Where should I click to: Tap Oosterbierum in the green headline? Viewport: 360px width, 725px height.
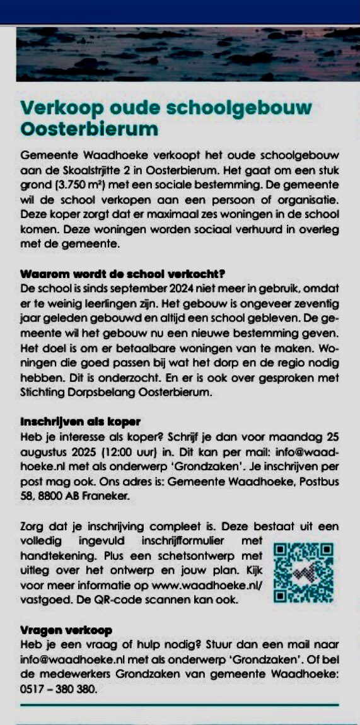coord(89,129)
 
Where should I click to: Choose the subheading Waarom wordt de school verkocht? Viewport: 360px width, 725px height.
coord(124,275)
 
